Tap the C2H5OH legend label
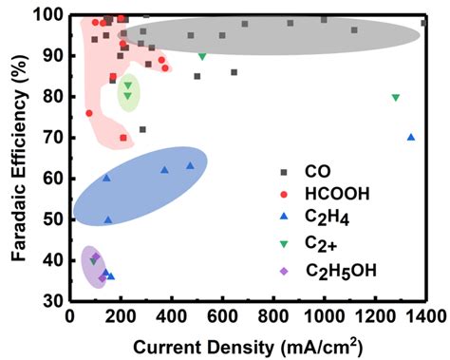point(340,271)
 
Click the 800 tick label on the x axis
point(273,315)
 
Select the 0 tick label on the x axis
point(68,315)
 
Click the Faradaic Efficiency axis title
point(16,157)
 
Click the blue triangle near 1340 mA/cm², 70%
point(411,137)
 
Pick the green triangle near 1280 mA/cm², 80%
point(396,97)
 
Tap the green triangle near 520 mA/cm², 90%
point(202,56)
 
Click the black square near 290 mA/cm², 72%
point(142,129)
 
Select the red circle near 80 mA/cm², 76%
point(89,113)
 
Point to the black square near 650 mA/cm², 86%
point(234,72)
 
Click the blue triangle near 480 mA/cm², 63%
point(191,165)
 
